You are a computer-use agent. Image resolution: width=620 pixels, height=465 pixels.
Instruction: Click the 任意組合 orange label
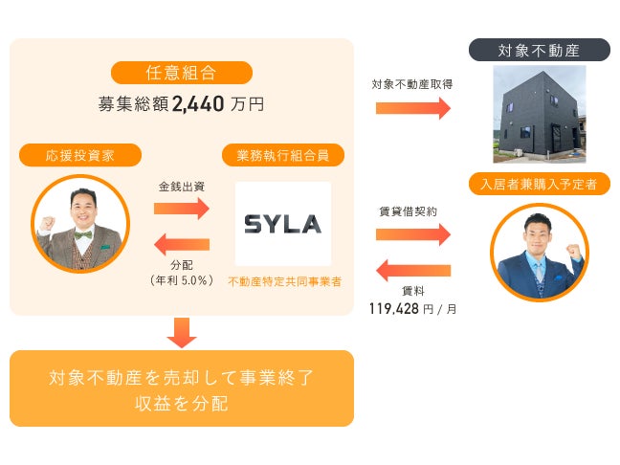(182, 73)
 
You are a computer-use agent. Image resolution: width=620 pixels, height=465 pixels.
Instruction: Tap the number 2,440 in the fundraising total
(199, 104)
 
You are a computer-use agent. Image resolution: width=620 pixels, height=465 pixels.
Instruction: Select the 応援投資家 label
(80, 154)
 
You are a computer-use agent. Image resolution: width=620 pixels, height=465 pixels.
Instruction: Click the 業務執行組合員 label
(282, 154)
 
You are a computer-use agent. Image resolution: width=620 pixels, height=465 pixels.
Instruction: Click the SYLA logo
(282, 224)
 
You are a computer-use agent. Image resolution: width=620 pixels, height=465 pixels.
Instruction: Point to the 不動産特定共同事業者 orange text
(284, 281)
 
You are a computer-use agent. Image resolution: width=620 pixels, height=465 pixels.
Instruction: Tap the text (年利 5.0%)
(181, 279)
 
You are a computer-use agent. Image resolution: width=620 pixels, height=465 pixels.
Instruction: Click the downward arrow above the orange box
(181, 332)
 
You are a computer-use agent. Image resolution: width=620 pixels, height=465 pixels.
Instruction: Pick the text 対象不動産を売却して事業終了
(182, 377)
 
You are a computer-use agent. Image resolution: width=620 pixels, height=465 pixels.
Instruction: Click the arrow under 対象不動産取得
(412, 107)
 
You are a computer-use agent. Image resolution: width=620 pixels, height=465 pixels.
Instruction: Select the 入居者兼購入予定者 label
(539, 184)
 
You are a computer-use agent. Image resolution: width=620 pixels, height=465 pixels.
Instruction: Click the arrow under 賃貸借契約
(412, 233)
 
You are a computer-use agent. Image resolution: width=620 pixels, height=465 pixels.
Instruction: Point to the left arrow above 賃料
(412, 269)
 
